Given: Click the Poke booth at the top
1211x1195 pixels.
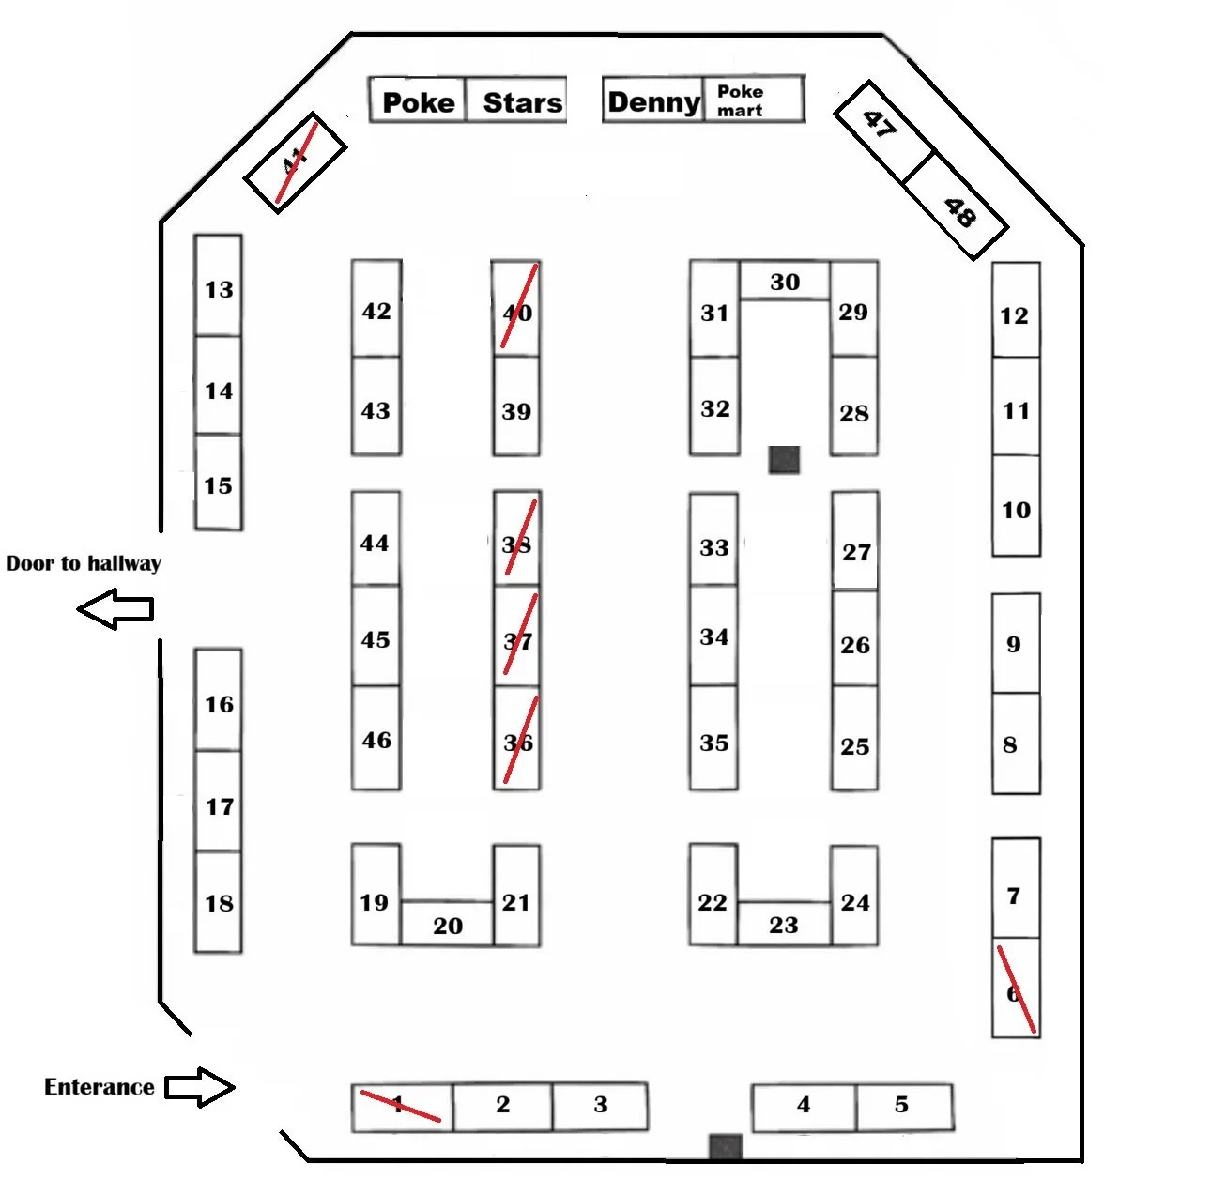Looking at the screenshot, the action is (418, 101).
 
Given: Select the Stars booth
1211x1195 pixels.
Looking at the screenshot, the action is (519, 101).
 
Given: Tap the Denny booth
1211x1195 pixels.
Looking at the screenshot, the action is (653, 101).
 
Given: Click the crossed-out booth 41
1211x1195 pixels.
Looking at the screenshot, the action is (296, 163).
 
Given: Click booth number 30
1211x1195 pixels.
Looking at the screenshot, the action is (785, 282).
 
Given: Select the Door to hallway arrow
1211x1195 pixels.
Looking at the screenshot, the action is (115, 610).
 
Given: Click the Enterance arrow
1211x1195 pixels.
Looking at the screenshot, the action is (199, 1087).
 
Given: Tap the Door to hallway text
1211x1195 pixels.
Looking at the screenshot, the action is (83, 563).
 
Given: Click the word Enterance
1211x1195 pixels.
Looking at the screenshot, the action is (99, 1087).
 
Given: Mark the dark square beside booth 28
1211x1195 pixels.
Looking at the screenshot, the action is (784, 459).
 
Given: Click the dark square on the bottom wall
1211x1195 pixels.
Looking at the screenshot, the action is (725, 1147).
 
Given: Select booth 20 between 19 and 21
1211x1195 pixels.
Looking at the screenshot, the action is (448, 925).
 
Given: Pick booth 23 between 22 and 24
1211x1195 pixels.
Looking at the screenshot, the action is (784, 924).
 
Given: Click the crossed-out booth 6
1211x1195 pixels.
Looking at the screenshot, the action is (1016, 989).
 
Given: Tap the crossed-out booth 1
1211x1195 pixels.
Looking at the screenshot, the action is (402, 1107).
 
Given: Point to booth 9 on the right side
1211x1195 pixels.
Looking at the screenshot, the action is (1016, 644).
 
